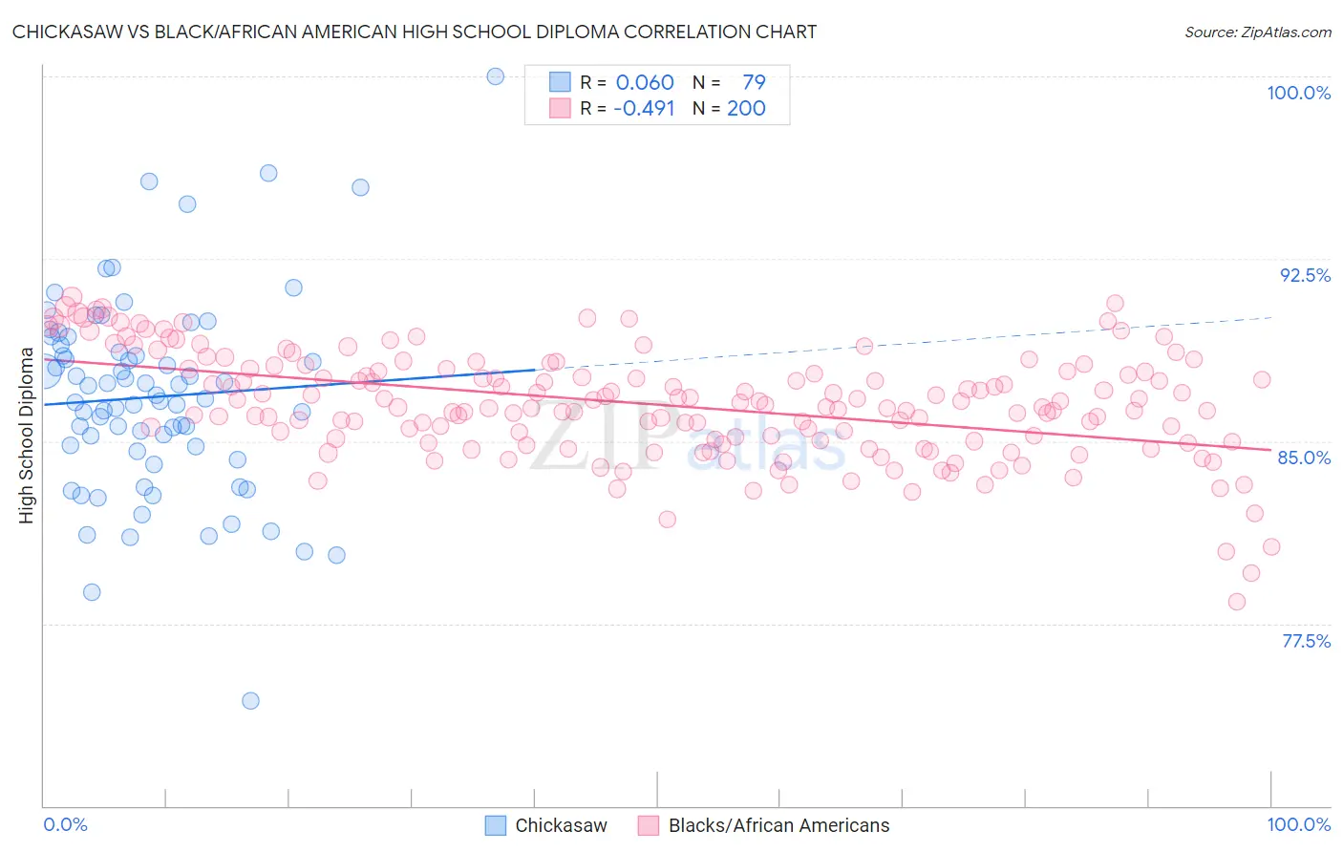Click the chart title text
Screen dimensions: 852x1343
414,32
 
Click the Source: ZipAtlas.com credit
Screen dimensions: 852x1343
1257,32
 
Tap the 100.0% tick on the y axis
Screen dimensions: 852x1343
1298,93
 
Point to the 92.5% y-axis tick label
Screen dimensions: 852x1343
1305,275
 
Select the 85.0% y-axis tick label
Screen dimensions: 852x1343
1304,458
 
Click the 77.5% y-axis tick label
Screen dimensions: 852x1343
1306,641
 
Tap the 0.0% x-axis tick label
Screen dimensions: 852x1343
65,824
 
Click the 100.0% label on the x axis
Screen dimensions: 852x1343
1298,824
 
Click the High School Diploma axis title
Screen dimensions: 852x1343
26,435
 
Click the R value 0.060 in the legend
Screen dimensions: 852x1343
645,82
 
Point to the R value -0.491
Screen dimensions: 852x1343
644,108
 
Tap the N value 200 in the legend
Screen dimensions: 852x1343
746,108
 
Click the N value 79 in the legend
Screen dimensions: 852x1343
754,82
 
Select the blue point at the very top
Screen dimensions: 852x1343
496,76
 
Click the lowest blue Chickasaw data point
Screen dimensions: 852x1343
250,701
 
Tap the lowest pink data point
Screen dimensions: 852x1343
1237,602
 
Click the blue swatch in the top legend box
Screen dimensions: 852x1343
560,82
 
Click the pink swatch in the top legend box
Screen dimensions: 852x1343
560,108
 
